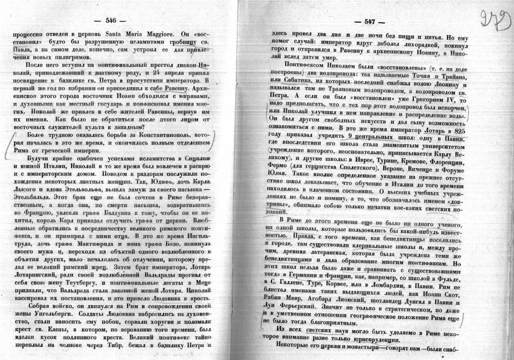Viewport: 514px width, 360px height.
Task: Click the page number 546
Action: coord(110,21)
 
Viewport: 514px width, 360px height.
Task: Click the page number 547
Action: coord(370,22)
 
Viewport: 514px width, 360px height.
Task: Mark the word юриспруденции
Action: coord(377,340)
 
